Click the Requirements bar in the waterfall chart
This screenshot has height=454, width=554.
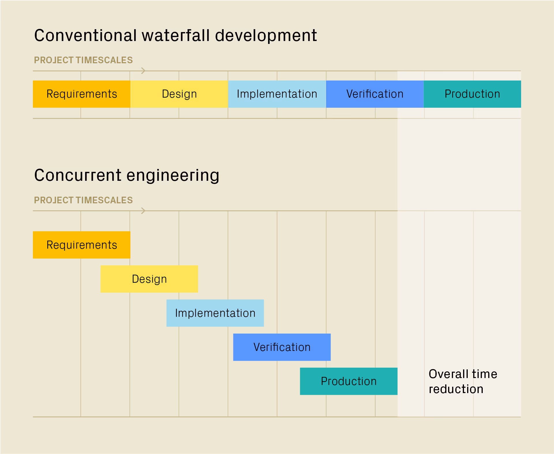pyautogui.click(x=82, y=94)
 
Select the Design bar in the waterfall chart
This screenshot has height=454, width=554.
pyautogui.click(x=179, y=94)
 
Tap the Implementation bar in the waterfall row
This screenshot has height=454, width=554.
pyautogui.click(x=277, y=94)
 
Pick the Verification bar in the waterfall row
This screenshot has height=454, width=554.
pyautogui.click(x=375, y=94)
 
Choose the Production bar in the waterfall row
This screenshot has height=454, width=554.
pyautogui.click(x=472, y=94)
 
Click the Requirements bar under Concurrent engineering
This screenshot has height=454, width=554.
pyautogui.click(x=82, y=245)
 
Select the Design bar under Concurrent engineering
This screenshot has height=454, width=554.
pyautogui.click(x=149, y=279)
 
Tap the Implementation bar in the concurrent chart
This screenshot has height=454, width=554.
pyautogui.click(x=215, y=313)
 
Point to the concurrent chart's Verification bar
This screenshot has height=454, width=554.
pyautogui.click(x=282, y=347)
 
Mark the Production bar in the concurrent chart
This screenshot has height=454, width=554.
pyautogui.click(x=349, y=381)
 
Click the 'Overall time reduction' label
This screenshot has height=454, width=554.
pyautogui.click(x=463, y=382)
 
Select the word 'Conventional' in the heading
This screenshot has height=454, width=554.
pyautogui.click(x=85, y=36)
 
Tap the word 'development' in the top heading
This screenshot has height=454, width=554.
pyautogui.click(x=266, y=36)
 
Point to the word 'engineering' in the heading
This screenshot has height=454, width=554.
pyautogui.click(x=173, y=175)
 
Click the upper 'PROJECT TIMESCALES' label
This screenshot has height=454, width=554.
pyautogui.click(x=83, y=60)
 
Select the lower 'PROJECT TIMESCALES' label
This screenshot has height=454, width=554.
pyautogui.click(x=83, y=200)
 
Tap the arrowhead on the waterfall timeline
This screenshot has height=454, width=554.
pyautogui.click(x=143, y=71)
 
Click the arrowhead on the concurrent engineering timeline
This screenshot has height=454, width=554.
pyautogui.click(x=143, y=211)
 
